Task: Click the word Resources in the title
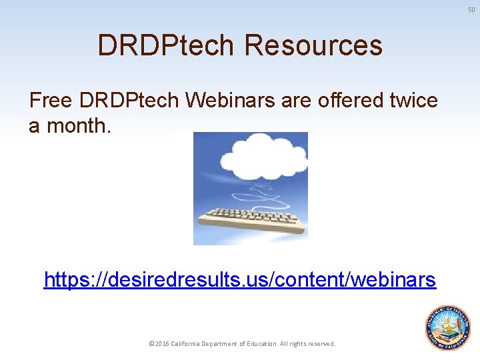(313, 45)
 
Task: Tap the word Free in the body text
(51, 101)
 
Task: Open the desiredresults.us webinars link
(239, 280)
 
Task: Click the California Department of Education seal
(447, 327)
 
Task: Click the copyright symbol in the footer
(151, 344)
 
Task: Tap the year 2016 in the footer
(161, 344)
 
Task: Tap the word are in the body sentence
(294, 101)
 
